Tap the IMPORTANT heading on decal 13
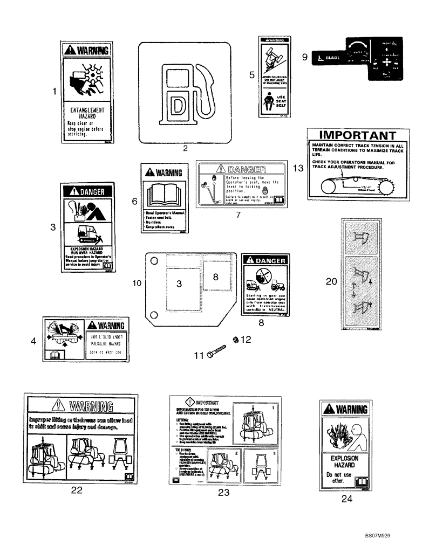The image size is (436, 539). pos(354,135)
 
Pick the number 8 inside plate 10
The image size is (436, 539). pos(215,277)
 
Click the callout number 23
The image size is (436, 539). pos(223,492)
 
